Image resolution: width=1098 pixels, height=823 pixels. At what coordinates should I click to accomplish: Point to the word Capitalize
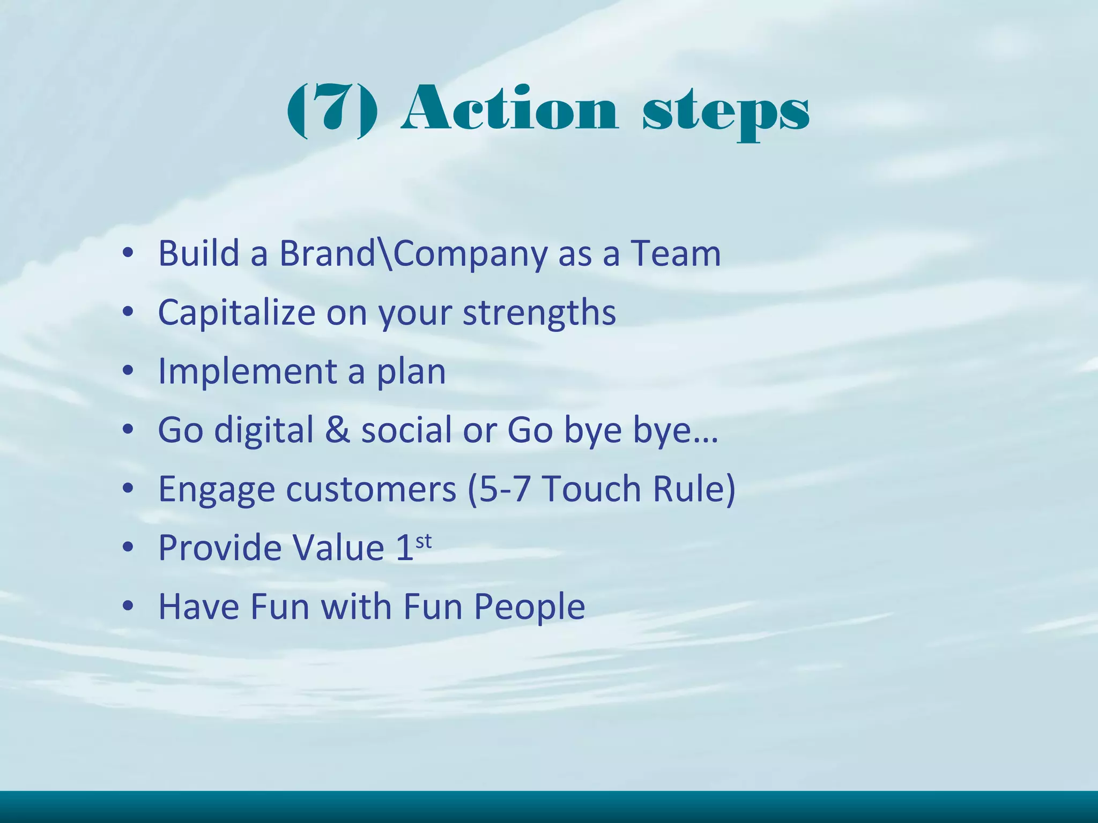236,313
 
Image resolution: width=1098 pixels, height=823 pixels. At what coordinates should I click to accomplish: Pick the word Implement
247,372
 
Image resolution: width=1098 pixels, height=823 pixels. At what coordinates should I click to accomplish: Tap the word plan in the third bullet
411,373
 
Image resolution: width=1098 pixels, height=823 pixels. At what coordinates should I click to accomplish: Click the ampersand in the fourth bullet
337,430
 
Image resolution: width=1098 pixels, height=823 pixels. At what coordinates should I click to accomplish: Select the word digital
264,431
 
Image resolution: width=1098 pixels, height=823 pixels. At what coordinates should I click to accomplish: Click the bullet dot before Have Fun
128,606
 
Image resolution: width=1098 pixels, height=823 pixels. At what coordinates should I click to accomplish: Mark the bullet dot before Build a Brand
128,253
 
